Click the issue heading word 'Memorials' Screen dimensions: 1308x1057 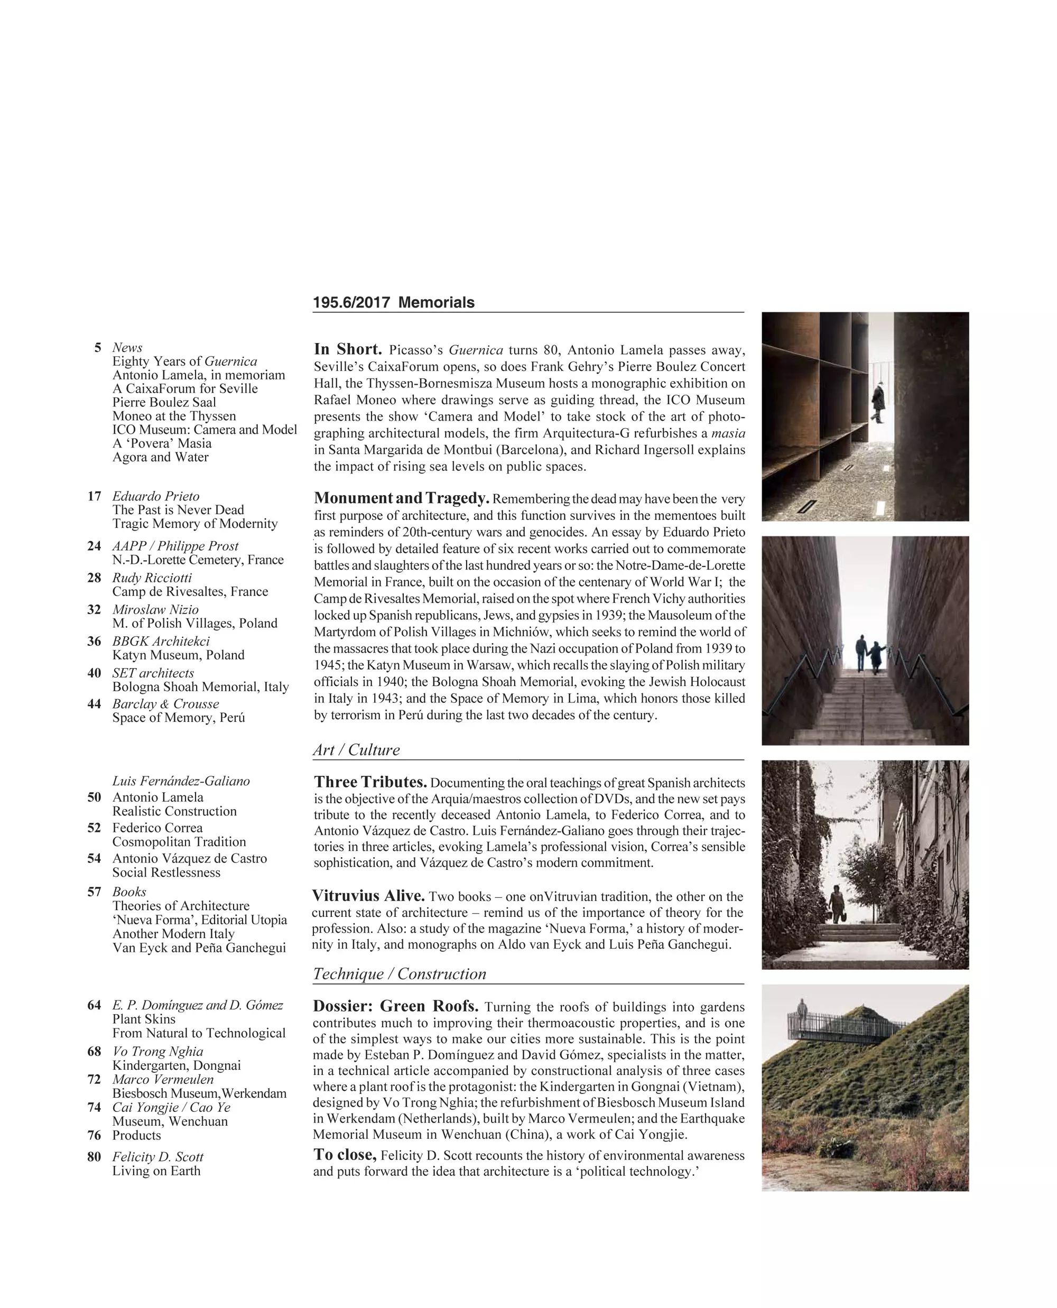pyautogui.click(x=436, y=303)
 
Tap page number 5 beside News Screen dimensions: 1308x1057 pyautogui.click(x=97, y=348)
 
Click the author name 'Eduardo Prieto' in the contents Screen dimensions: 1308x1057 pyautogui.click(x=155, y=496)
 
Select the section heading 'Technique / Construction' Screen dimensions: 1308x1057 pyautogui.click(x=400, y=973)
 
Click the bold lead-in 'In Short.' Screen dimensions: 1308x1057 pyautogui.click(x=348, y=349)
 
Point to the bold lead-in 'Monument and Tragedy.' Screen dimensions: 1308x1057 pyautogui.click(x=401, y=498)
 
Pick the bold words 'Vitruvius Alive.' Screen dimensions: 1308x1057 pyautogui.click(x=368, y=896)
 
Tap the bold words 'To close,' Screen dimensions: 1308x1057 pyautogui.click(x=345, y=1155)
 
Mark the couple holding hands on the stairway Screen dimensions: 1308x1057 pyautogui.click(x=869, y=653)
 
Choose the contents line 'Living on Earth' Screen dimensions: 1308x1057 pyautogui.click(x=156, y=1171)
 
